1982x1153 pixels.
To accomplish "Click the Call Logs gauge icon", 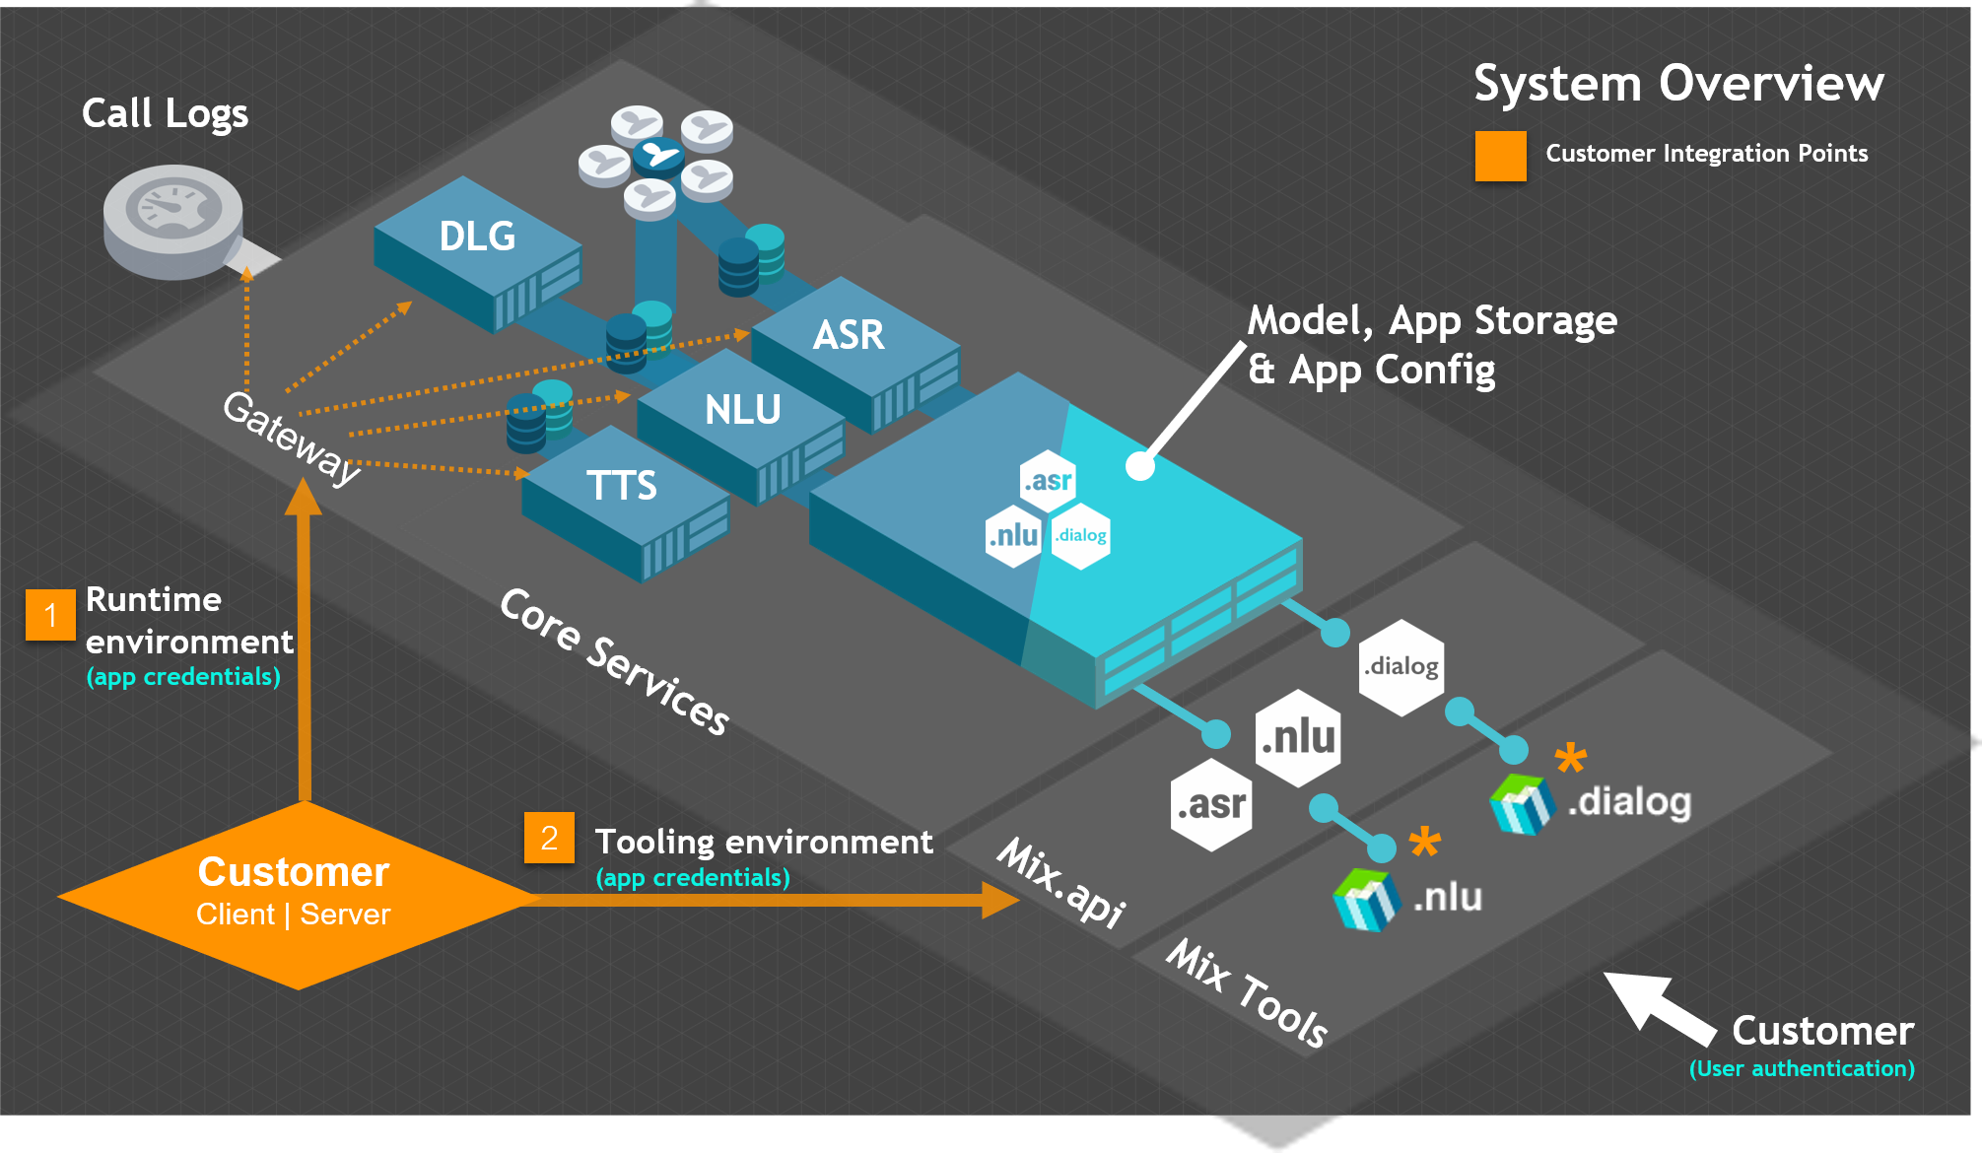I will pyautogui.click(x=173, y=219).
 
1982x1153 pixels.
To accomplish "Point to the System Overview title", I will pyautogui.click(x=1678, y=84).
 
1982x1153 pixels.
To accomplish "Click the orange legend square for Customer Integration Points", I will pyautogui.click(x=1500, y=156).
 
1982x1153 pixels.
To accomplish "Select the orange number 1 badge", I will pyautogui.click(x=50, y=615).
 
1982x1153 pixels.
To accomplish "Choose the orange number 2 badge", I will pyautogui.click(x=549, y=838).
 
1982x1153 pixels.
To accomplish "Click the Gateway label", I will pyautogui.click(x=292, y=438).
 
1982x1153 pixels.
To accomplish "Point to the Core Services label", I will pyautogui.click(x=615, y=660).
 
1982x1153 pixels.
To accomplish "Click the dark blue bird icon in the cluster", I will pyautogui.click(x=657, y=155).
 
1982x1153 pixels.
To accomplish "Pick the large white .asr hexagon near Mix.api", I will pyautogui.click(x=1211, y=805).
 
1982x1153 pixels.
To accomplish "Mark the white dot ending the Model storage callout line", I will pyautogui.click(x=1140, y=466).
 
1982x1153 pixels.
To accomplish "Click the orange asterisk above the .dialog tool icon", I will pyautogui.click(x=1570, y=758).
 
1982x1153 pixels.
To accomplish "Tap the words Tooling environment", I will pyautogui.click(x=764, y=843).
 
